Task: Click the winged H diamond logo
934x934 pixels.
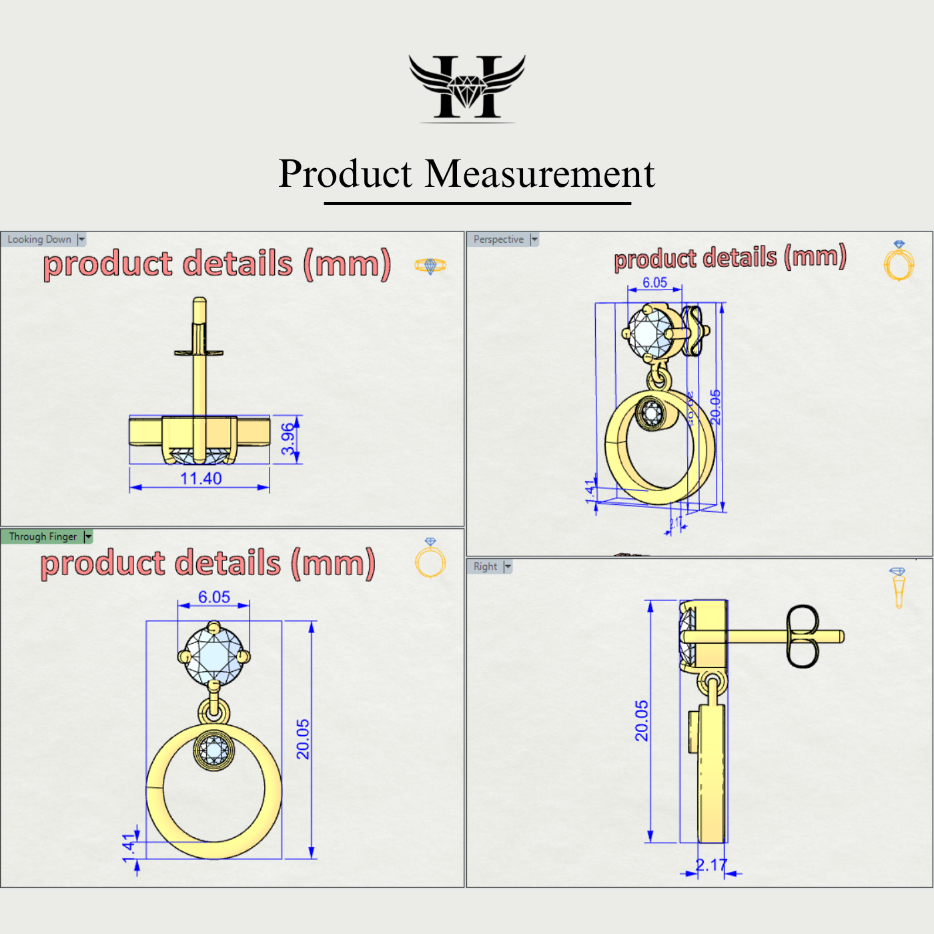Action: [467, 87]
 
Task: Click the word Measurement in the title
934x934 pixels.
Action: [539, 174]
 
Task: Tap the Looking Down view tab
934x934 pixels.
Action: [39, 240]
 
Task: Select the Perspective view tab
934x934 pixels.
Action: [498, 240]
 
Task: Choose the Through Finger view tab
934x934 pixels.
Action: [43, 537]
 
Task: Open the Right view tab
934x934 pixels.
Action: [485, 566]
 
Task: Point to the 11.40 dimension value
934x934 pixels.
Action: [201, 479]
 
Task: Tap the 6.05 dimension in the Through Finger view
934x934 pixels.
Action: [214, 597]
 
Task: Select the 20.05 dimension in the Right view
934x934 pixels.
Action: [641, 721]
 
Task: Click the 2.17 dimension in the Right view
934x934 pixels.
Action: [711, 865]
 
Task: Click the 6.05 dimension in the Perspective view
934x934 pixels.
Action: [654, 283]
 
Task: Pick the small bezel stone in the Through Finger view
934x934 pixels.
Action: [214, 751]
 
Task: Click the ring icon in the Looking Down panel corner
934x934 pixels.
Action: [430, 266]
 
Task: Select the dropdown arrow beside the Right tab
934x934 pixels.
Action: [508, 566]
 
